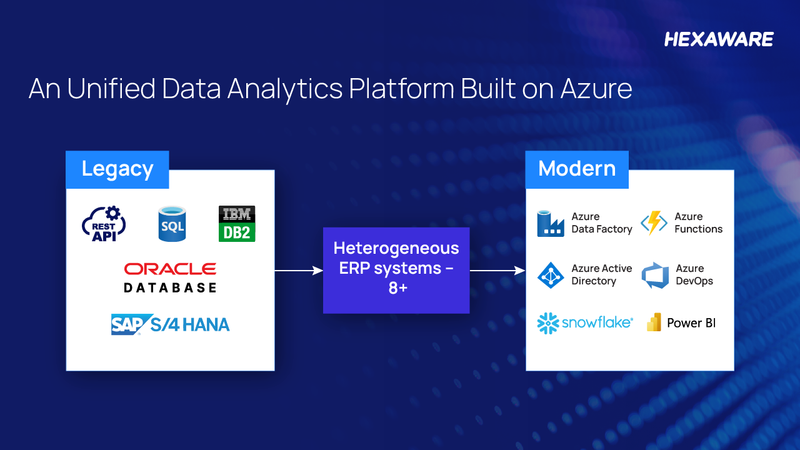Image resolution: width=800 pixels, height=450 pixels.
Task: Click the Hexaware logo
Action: click(719, 39)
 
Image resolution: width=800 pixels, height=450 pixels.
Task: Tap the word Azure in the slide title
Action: click(596, 89)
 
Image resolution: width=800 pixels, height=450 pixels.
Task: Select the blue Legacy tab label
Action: click(117, 169)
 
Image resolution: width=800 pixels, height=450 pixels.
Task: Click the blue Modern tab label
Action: click(576, 169)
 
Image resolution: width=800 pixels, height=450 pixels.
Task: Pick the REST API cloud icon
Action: click(104, 224)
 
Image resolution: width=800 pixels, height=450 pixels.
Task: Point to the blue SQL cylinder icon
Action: click(172, 224)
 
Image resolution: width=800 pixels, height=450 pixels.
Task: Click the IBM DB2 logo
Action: click(237, 224)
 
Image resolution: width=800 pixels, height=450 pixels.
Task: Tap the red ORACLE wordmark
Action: click(170, 269)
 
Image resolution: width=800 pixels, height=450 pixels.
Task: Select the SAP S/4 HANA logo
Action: click(170, 324)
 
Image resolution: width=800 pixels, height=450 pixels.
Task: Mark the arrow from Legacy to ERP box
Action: click(299, 271)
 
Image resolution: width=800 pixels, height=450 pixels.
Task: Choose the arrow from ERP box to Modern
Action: click(497, 271)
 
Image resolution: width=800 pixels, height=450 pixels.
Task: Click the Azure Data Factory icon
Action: click(551, 224)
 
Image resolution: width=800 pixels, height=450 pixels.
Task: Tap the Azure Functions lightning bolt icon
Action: click(654, 223)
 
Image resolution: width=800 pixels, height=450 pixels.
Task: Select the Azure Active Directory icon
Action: click(551, 275)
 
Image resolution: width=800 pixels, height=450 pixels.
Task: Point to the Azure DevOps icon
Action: click(655, 276)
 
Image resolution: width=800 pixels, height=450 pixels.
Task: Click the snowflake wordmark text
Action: click(596, 322)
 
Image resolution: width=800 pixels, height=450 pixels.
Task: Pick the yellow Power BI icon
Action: click(654, 322)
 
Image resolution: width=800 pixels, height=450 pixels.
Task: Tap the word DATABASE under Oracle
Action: click(170, 287)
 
